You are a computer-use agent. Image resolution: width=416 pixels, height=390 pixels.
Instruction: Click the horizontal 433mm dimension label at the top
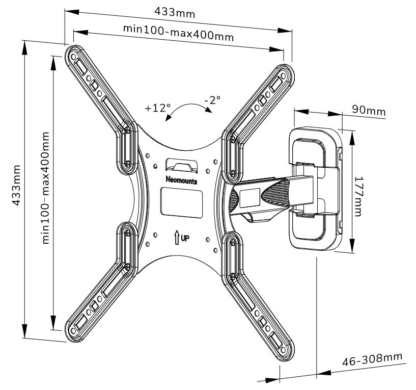(x=175, y=12)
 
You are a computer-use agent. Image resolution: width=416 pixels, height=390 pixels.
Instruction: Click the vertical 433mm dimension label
(x=17, y=185)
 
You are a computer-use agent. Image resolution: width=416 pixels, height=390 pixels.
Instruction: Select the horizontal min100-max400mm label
(x=178, y=33)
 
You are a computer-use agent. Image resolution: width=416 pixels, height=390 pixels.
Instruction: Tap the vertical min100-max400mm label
(x=45, y=188)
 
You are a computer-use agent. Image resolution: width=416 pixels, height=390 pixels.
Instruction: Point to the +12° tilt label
(x=158, y=108)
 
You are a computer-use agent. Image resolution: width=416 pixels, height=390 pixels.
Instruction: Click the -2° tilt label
(x=212, y=100)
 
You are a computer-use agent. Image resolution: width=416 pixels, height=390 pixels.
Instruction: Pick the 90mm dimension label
(x=369, y=111)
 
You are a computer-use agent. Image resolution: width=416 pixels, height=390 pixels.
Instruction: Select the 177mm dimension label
(x=358, y=196)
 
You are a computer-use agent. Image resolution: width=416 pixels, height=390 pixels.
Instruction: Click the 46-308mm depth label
(x=372, y=359)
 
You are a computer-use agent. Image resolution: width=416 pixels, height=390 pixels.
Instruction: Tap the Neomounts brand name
(x=181, y=180)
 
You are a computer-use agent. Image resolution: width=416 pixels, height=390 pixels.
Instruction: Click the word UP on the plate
(x=185, y=238)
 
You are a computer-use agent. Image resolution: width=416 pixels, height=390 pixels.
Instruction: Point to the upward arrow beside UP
(x=177, y=238)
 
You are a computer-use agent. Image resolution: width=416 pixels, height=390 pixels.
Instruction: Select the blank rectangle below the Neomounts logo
(x=181, y=203)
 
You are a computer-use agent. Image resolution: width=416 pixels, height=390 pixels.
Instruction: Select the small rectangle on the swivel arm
(x=249, y=198)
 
